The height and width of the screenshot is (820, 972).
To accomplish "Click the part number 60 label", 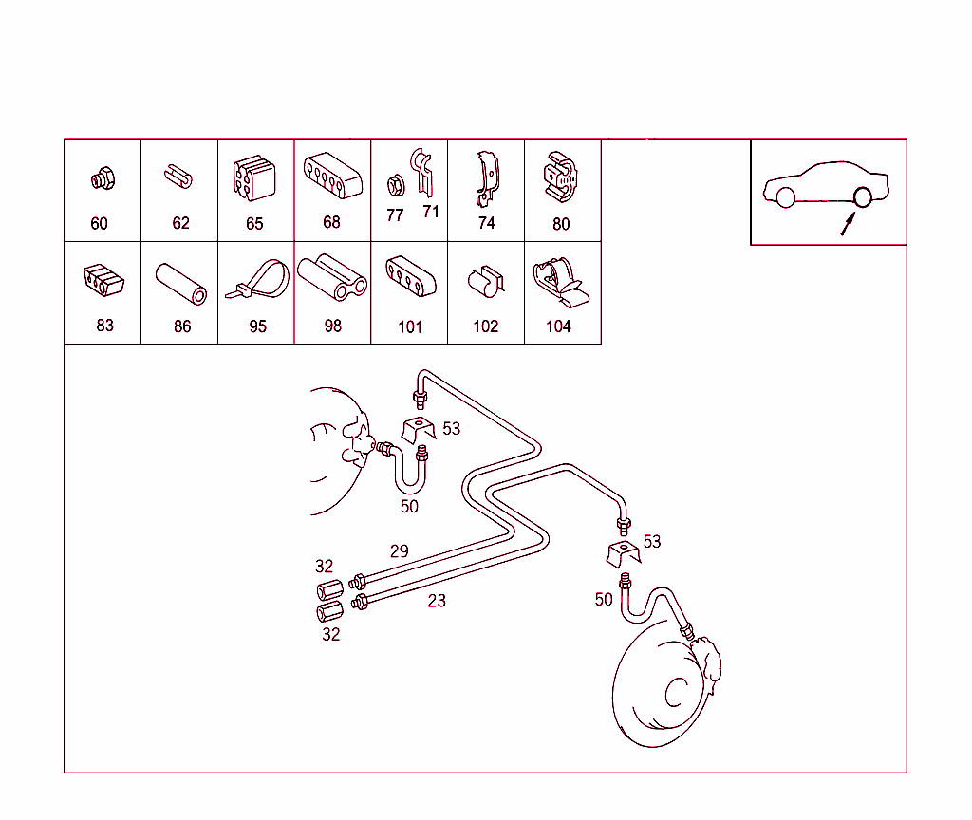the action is click(99, 223).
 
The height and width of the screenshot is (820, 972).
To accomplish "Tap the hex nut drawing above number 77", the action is click(396, 185).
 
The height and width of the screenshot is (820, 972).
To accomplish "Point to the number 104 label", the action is click(558, 326).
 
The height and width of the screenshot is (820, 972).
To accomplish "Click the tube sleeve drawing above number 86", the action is click(181, 284).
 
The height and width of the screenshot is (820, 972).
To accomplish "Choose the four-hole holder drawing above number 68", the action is click(333, 176).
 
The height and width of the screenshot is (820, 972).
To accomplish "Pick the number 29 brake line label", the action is click(400, 551).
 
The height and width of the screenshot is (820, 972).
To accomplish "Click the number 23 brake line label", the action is click(437, 601).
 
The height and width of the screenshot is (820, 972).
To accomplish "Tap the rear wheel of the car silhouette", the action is click(862, 197).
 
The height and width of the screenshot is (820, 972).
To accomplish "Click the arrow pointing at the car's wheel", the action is click(848, 224).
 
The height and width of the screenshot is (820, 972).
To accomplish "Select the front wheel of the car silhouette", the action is click(785, 197).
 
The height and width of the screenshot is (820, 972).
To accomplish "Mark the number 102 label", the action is click(485, 326).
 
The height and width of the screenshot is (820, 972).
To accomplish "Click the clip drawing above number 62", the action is click(178, 176).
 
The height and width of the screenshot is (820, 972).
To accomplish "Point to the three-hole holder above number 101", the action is click(410, 276).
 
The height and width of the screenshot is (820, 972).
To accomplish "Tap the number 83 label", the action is click(104, 326).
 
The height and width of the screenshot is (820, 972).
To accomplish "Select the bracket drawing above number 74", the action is click(487, 178).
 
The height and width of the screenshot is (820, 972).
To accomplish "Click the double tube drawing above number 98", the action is click(332, 277).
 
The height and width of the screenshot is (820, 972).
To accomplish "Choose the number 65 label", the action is click(254, 223).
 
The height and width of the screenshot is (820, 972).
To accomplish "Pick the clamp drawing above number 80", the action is click(560, 177).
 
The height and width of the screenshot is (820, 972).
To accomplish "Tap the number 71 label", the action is click(431, 212).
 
